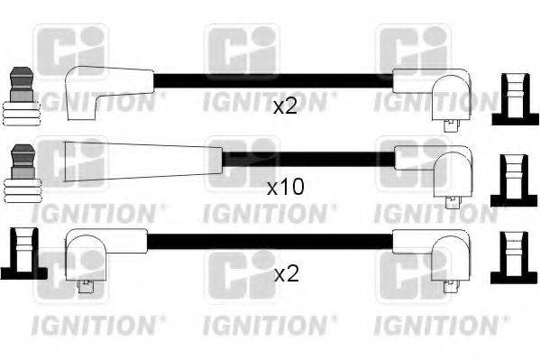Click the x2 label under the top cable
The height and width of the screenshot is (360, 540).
point(285,107)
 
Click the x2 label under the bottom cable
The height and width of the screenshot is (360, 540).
point(285,272)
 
